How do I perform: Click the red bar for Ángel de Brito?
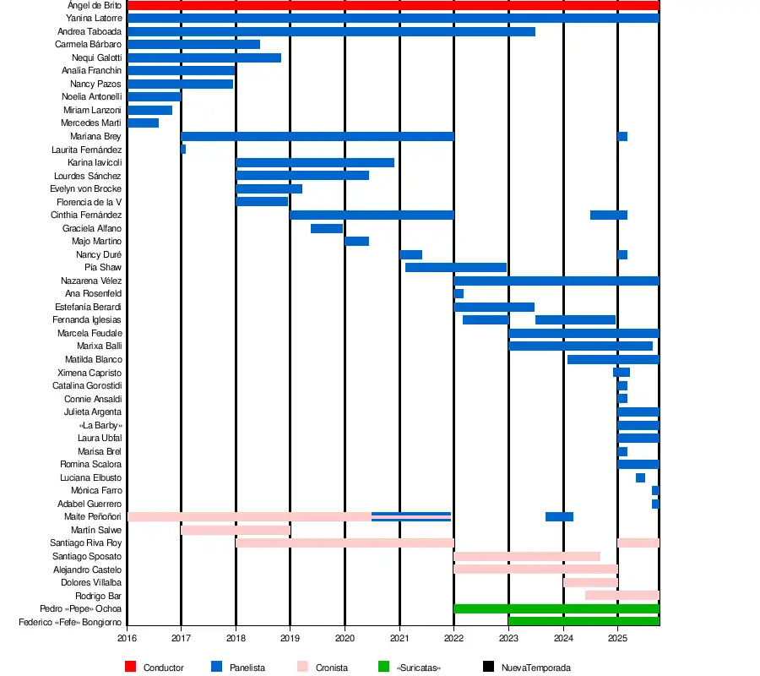pyautogui.click(x=393, y=6)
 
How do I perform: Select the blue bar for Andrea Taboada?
pyautogui.click(x=331, y=32)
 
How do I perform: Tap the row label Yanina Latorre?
pyautogui.click(x=94, y=18)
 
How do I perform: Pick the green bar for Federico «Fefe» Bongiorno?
pyautogui.click(x=584, y=622)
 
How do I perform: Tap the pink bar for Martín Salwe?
pyautogui.click(x=236, y=530)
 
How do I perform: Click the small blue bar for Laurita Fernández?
pyautogui.click(x=183, y=150)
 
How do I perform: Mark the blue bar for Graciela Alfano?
pyautogui.click(x=327, y=228)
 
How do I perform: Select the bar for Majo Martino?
pyautogui.click(x=356, y=242)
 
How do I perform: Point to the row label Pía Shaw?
pyautogui.click(x=103, y=268)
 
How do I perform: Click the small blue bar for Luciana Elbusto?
pyautogui.click(x=640, y=477)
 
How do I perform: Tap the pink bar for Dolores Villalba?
pyautogui.click(x=590, y=582)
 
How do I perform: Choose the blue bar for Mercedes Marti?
pyautogui.click(x=143, y=123)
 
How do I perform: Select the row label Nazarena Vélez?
pyautogui.click(x=91, y=281)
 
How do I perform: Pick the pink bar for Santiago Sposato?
pyautogui.click(x=527, y=556)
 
